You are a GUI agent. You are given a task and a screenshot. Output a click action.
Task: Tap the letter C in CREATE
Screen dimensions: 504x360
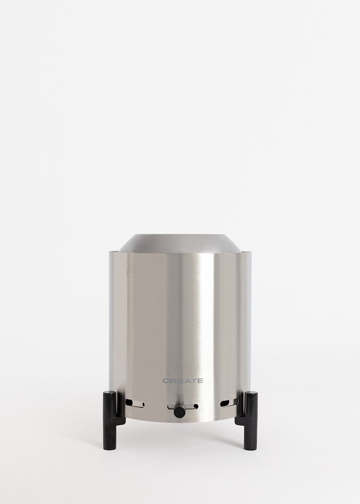coord(166,380)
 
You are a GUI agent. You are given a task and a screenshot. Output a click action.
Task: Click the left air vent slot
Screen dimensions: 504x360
coord(134,404)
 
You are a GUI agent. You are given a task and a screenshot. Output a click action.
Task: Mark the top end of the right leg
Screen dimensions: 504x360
coord(250,393)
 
